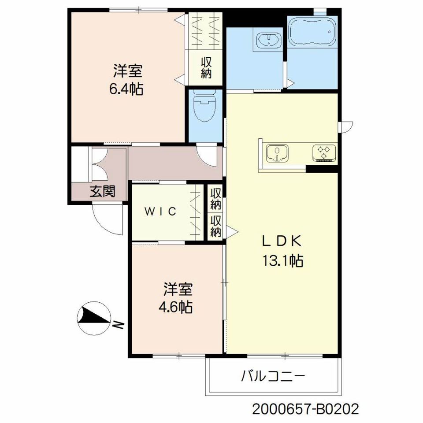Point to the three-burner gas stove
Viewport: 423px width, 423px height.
point(325,153)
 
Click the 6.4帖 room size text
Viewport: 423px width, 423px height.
point(126,89)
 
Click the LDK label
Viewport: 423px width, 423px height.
point(282,241)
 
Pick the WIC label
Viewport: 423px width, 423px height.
point(160,211)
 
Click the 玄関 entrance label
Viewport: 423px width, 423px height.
point(103,191)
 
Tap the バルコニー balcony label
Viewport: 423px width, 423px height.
point(273,375)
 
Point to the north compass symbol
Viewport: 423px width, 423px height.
point(94,318)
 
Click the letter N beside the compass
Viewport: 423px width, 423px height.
point(118,325)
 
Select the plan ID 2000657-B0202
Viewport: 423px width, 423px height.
point(305,409)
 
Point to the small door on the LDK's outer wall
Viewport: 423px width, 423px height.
point(346,127)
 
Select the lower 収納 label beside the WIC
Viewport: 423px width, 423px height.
point(216,226)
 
